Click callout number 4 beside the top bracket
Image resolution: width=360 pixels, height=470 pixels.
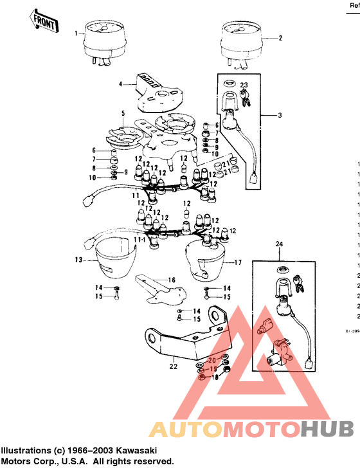[x=120, y=84]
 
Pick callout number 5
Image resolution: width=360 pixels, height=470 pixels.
[x=123, y=113]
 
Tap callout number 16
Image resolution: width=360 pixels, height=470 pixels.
[x=172, y=280]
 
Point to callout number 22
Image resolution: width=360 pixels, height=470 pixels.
[x=173, y=366]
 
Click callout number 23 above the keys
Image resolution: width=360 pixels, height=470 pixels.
[x=244, y=85]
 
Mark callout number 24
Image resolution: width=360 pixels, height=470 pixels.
[x=279, y=244]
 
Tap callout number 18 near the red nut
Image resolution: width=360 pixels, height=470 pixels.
[x=215, y=377]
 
